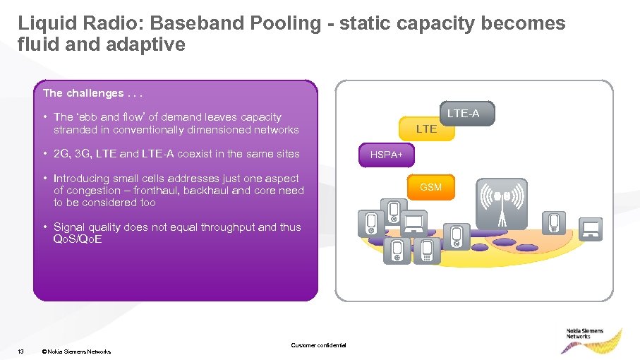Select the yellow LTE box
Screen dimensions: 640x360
pos(427,128)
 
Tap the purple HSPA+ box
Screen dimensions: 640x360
pos(387,155)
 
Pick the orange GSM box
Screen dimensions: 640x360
pos(430,187)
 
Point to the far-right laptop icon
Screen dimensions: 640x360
pos(591,227)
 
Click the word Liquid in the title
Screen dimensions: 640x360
pos(43,23)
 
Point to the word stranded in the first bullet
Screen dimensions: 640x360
pos(76,130)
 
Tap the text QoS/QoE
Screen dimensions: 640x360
pos(78,239)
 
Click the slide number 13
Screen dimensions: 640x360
pos(21,351)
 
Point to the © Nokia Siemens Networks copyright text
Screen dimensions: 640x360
pos(76,351)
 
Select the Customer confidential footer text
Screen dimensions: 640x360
pos(318,345)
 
